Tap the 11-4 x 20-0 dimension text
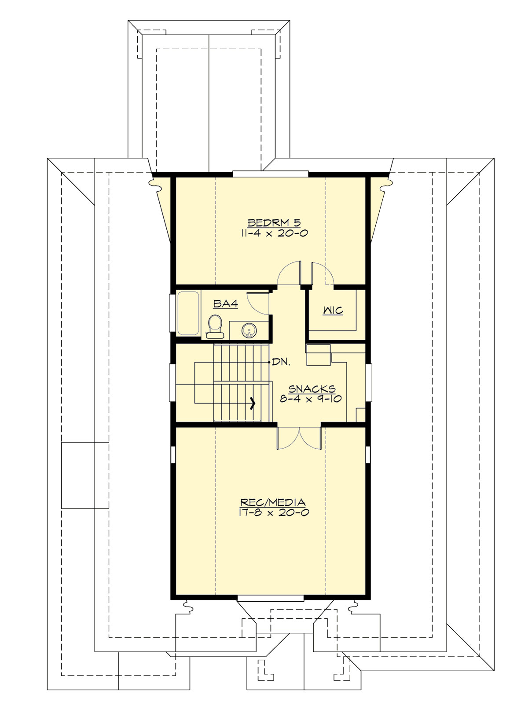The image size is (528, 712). coord(274,233)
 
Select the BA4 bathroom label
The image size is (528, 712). coord(226,304)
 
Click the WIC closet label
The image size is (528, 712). coord(333,311)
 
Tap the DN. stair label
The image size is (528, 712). coord(281,362)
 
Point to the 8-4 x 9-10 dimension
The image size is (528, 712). coord(311,399)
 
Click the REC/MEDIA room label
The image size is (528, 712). coord(273,502)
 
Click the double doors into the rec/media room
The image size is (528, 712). coord(299,437)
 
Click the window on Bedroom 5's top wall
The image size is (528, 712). coord(270,173)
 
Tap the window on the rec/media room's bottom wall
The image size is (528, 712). coord(270,598)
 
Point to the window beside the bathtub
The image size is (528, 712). coord(172,312)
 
